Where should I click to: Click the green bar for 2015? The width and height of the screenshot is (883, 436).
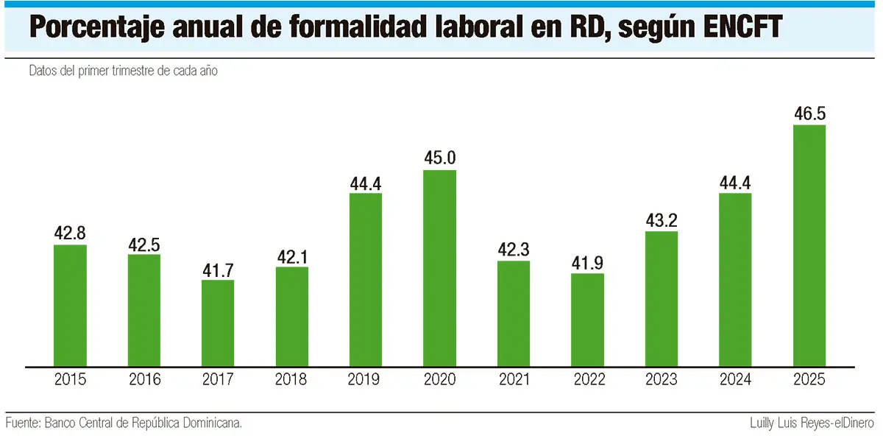click(x=70, y=306)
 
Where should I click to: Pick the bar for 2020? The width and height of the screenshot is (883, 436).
click(x=440, y=268)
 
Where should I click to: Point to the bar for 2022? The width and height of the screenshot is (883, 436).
click(x=588, y=320)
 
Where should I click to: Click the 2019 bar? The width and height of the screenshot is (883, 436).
click(x=366, y=280)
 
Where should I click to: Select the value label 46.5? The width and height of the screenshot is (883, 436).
click(x=809, y=113)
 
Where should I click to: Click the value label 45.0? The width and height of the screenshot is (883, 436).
click(x=440, y=158)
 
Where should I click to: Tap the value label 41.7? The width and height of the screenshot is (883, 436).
click(x=218, y=269)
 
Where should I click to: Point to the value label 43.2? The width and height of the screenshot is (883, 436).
click(x=662, y=219)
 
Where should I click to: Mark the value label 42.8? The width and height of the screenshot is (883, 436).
click(x=70, y=233)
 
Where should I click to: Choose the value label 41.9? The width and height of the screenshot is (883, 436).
click(x=588, y=262)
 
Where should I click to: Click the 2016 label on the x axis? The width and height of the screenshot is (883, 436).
click(x=144, y=380)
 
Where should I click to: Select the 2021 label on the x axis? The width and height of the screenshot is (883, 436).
click(x=514, y=380)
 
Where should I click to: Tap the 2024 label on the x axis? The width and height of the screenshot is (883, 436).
click(x=735, y=380)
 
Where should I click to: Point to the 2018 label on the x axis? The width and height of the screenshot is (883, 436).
click(x=292, y=380)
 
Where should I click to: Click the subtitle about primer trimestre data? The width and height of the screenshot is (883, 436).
click(x=124, y=71)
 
